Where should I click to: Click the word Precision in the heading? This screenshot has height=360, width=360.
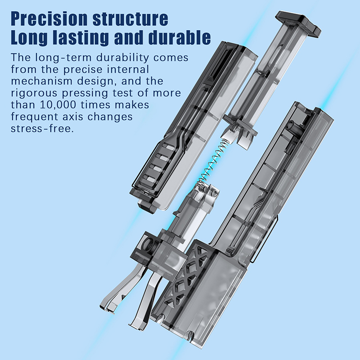pos(49,18)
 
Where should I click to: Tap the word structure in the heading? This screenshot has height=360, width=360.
pos(130,18)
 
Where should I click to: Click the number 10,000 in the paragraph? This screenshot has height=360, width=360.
pos(58,105)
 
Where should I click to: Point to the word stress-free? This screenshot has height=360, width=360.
pos(42,129)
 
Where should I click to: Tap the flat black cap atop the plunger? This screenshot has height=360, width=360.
pos(298,22)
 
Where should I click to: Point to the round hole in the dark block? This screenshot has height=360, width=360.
pos(149,244)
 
